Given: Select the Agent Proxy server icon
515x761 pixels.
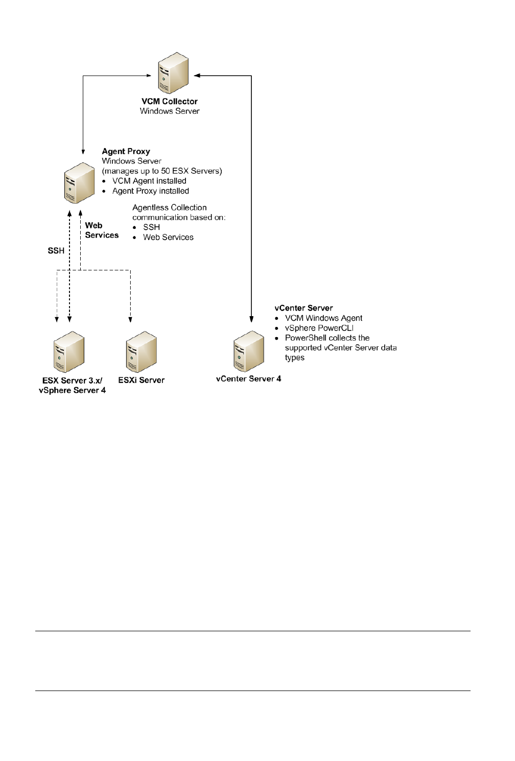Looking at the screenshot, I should tap(80, 183).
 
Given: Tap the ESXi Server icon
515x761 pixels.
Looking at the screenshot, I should tap(141, 352).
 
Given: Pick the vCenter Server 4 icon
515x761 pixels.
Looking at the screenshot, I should tap(249, 351).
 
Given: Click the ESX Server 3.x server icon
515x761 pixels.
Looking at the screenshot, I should tap(69, 352).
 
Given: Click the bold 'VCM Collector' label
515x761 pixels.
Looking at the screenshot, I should tap(170, 101).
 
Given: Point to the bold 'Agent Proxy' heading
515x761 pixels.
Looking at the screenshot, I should tap(126, 151).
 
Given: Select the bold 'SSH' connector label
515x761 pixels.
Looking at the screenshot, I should tap(56, 251).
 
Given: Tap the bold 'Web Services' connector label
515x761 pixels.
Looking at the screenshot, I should tap(102, 230).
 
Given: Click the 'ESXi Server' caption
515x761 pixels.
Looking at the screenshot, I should tap(141, 380).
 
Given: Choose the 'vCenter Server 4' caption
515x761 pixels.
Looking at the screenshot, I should tap(248, 378).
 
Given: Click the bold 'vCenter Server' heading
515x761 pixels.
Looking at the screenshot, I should tap(303, 308).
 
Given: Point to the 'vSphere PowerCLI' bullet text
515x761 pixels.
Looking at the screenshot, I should tap(319, 328).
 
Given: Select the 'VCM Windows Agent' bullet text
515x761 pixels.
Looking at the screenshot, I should tap(323, 318).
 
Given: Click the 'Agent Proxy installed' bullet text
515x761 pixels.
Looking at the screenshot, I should tap(150, 191).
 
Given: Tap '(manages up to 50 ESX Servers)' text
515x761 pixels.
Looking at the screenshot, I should tap(162, 171).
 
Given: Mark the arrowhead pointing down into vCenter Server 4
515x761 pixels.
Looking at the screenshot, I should tap(251, 320).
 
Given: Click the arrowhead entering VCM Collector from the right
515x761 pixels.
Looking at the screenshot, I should tap(198, 76).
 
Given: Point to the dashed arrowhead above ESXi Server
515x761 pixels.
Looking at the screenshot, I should tap(130, 319).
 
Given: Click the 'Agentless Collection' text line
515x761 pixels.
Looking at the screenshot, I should tap(169, 207).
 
